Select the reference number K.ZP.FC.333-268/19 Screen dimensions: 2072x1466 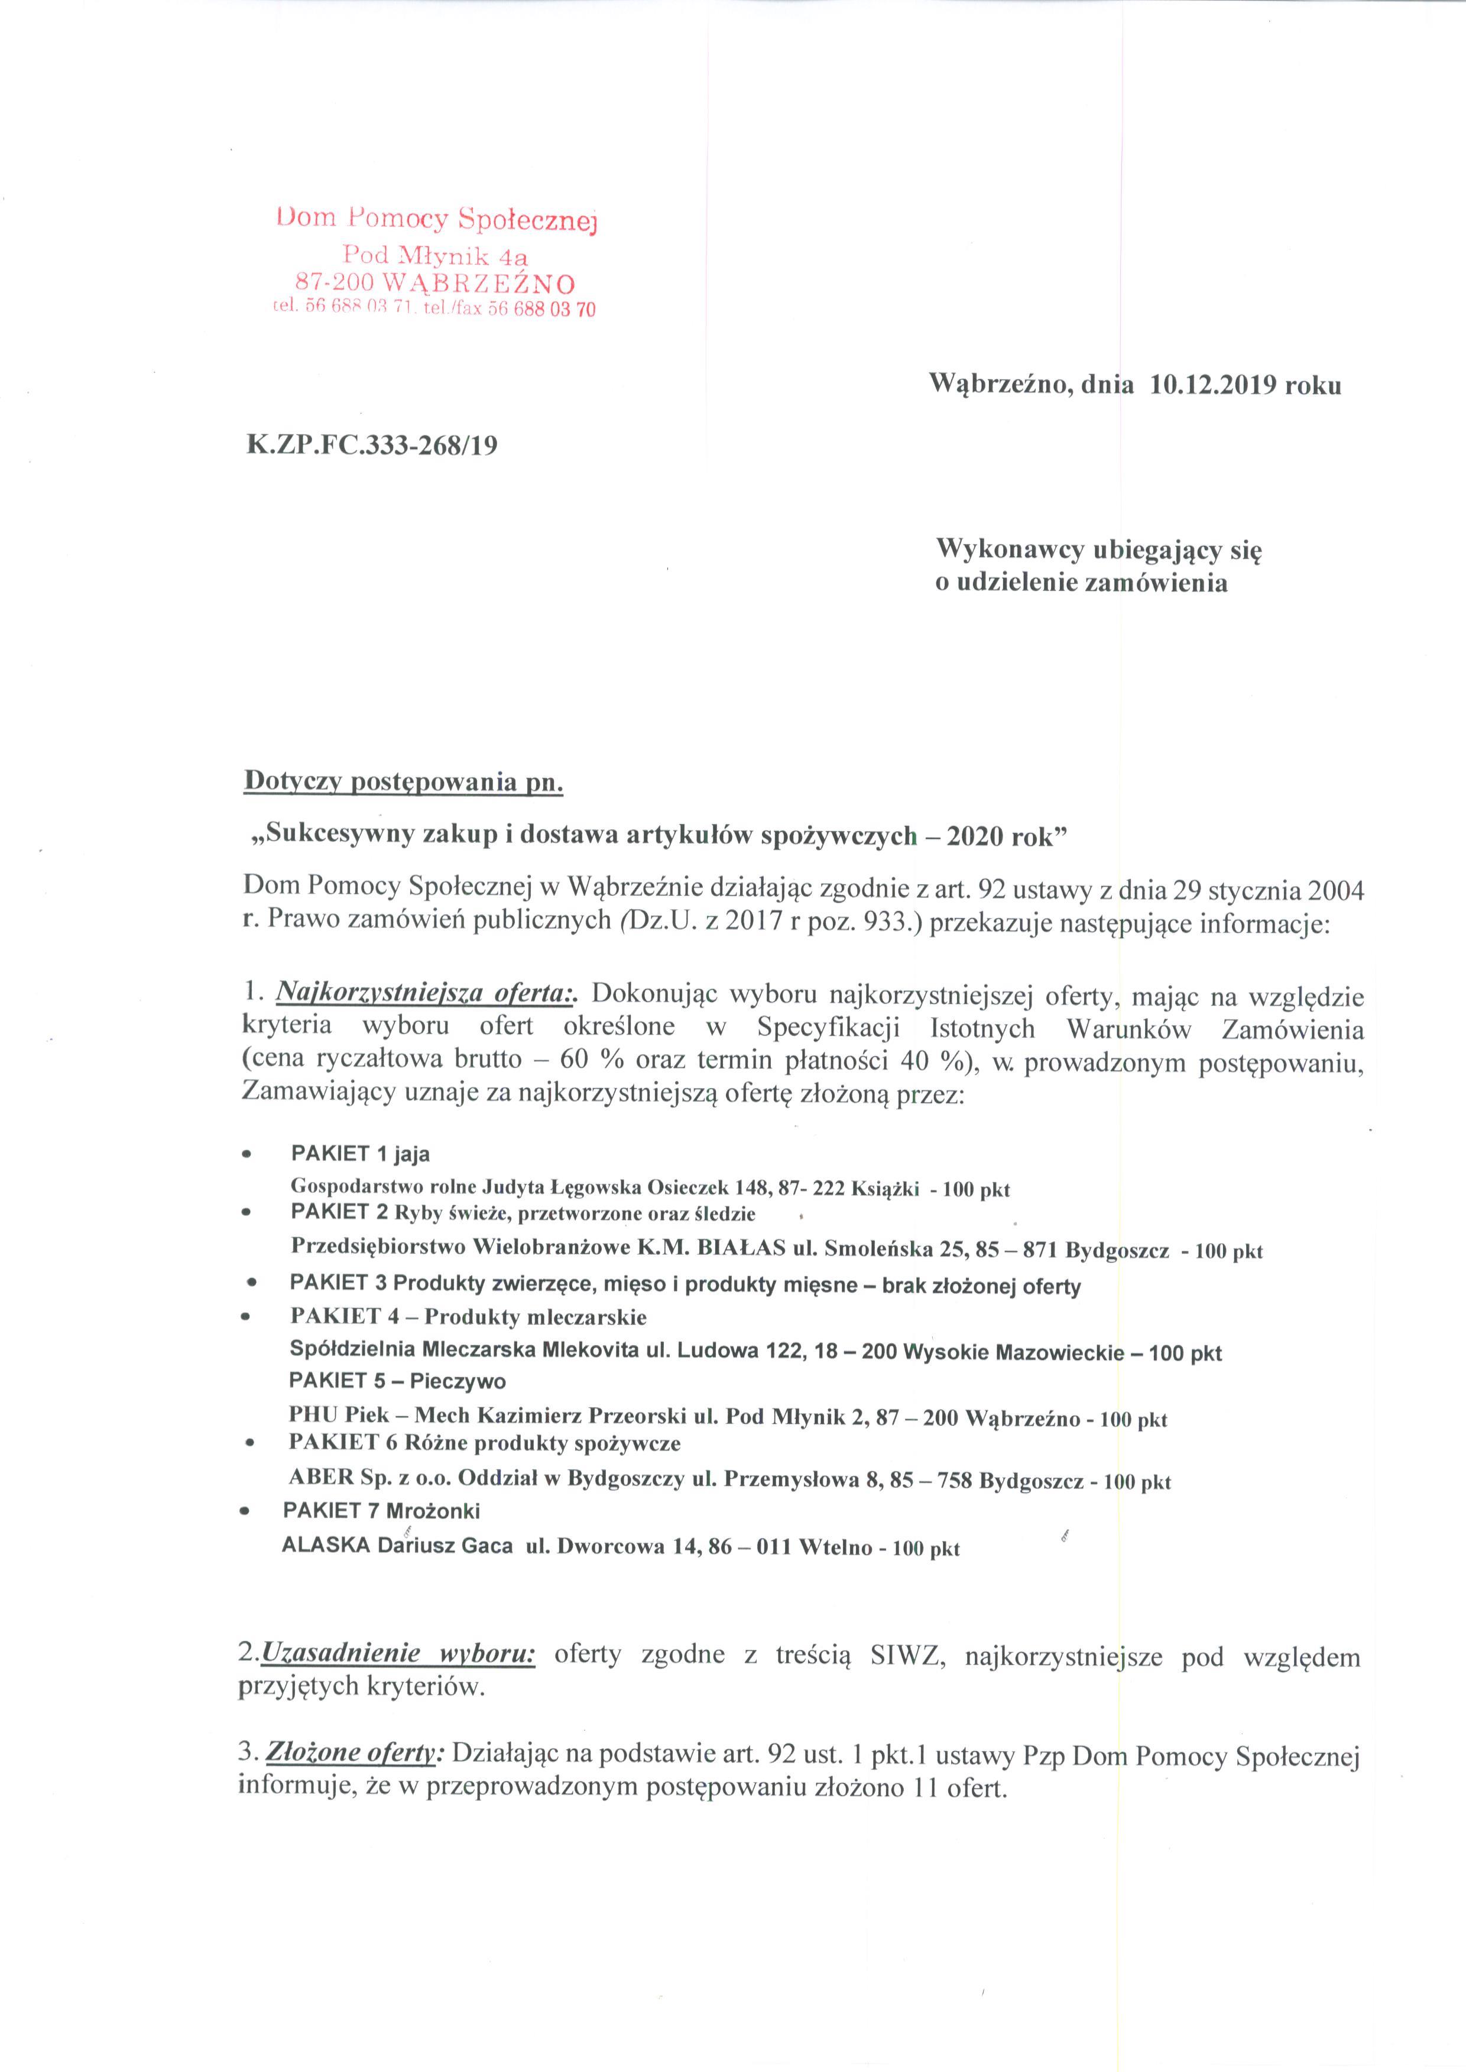(371, 446)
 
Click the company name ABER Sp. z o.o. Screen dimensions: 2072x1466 (369, 1480)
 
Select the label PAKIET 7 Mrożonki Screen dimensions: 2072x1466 (381, 1511)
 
